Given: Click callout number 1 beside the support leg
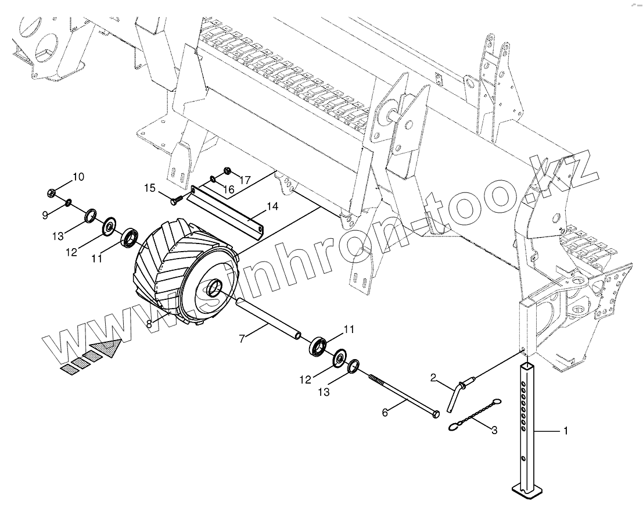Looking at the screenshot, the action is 565,431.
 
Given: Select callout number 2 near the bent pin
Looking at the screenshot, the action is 433,378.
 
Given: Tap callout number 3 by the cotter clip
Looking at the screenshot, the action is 494,431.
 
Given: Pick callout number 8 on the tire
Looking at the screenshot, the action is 149,324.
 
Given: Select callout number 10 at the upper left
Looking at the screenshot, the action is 78,176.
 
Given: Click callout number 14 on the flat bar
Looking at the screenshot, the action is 272,206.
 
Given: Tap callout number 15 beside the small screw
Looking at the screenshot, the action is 150,188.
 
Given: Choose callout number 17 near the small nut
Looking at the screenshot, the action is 245,180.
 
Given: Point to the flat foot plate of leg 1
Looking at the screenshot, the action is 526,492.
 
